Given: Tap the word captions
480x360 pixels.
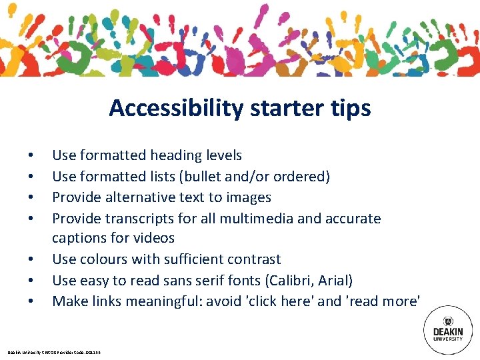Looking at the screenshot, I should point(79,239).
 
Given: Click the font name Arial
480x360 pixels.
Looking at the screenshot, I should point(336,281).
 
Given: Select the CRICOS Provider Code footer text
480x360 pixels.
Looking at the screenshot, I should point(56,352).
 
